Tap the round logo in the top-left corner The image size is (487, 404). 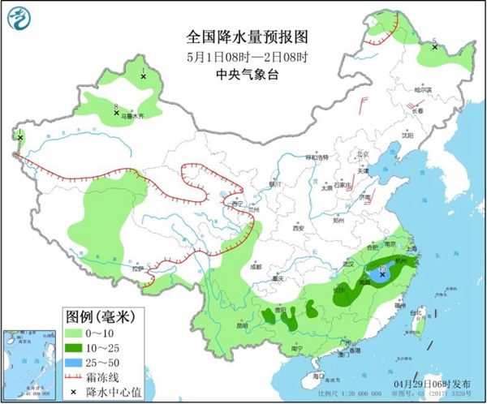coord(19,18)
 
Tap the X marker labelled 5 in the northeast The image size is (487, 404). coord(435,47)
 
